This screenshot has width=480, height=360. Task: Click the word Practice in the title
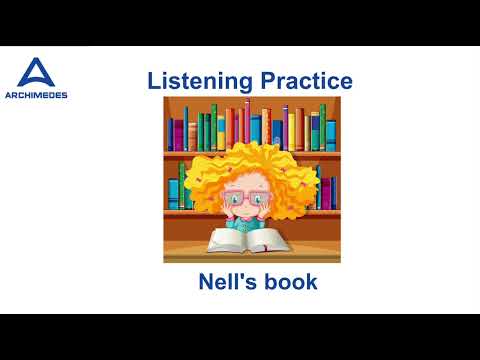point(302,81)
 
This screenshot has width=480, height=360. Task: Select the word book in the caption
point(290,282)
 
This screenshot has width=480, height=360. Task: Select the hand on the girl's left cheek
point(225,212)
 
